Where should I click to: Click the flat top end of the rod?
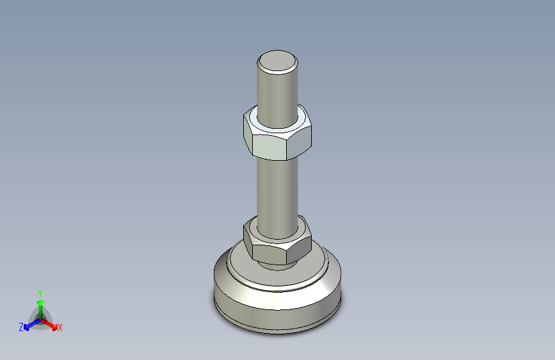click(277, 62)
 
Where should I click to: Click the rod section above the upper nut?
click(277, 90)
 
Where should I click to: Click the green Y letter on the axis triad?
click(40, 291)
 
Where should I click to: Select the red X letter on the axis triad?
click(60, 328)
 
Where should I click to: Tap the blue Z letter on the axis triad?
click(21, 327)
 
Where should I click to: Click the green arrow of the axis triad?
click(40, 304)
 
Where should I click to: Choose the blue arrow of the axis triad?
click(29, 326)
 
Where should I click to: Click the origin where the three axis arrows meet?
click(40, 319)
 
